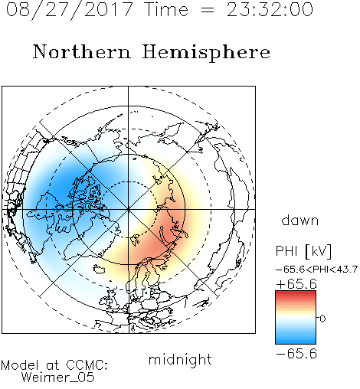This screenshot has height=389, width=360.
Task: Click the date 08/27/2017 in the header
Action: [69, 9]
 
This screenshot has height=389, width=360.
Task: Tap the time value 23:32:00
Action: [270, 9]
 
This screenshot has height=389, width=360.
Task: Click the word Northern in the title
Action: [82, 51]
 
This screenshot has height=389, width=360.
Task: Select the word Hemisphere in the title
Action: [206, 53]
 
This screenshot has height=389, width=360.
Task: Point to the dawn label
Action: [300, 221]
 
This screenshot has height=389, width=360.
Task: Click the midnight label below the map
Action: [180, 361]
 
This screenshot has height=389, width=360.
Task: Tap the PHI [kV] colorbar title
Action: [303, 251]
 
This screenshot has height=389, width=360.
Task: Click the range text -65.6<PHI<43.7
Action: [316, 270]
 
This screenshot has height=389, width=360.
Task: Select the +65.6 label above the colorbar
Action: [296, 284]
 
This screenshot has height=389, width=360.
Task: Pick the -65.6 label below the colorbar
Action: [296, 354]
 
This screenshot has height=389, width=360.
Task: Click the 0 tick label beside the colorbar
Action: [322, 319]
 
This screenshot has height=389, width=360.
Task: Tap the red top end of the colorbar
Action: [296, 293]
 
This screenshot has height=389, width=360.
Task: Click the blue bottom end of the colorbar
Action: [296, 342]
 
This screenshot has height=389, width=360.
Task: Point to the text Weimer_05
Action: [58, 378]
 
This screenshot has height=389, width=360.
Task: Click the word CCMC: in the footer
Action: [87, 365]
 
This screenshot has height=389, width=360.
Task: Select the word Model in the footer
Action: [20, 365]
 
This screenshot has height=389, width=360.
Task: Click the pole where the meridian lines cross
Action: [129, 210]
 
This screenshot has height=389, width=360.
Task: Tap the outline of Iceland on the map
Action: [99, 269]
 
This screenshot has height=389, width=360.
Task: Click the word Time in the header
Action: [166, 9]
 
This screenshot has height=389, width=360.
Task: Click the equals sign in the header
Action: [208, 10]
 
